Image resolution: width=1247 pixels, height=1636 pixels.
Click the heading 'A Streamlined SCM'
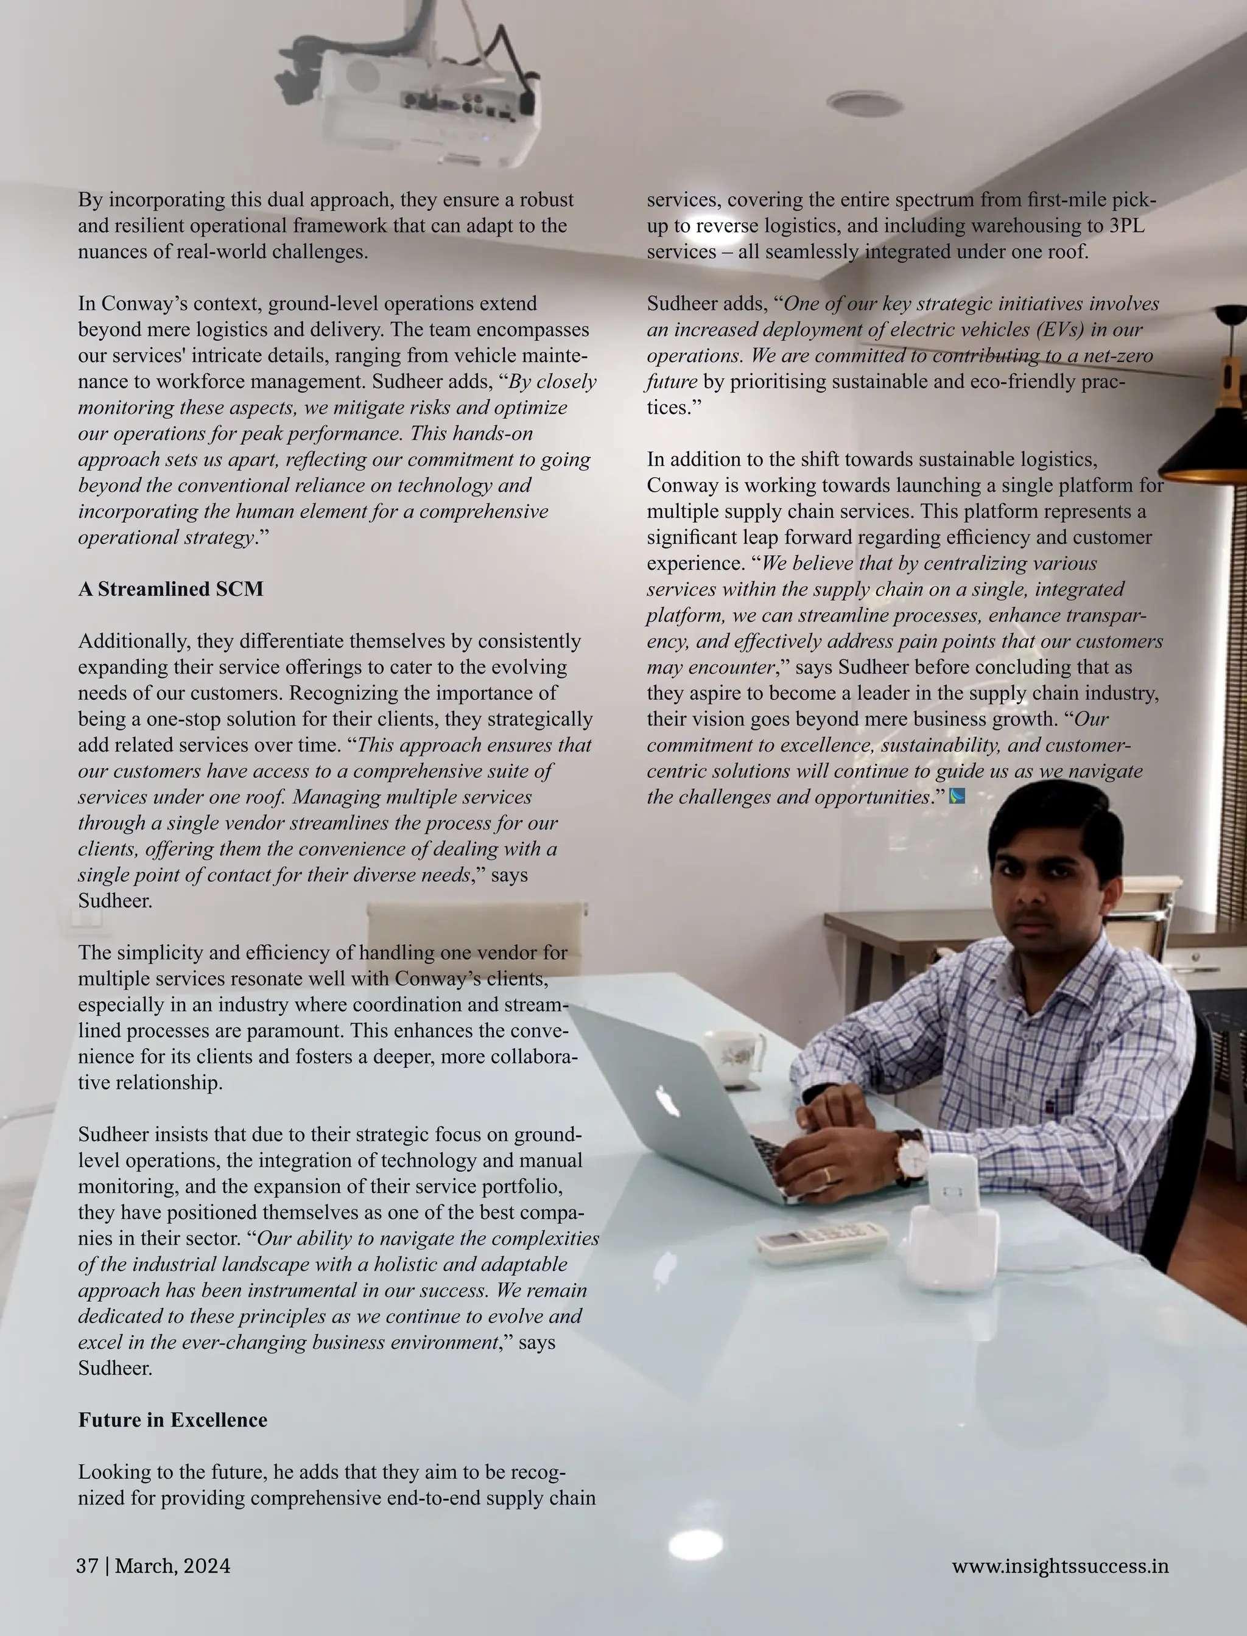pyautogui.click(x=170, y=589)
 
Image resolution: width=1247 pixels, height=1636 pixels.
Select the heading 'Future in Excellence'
pyautogui.click(x=172, y=1420)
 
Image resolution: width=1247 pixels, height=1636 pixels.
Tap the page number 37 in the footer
pyautogui.click(x=87, y=1566)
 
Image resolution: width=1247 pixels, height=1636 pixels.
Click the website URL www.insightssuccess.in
pyautogui.click(x=1060, y=1566)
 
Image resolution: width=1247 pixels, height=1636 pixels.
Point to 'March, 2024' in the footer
pyautogui.click(x=172, y=1566)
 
